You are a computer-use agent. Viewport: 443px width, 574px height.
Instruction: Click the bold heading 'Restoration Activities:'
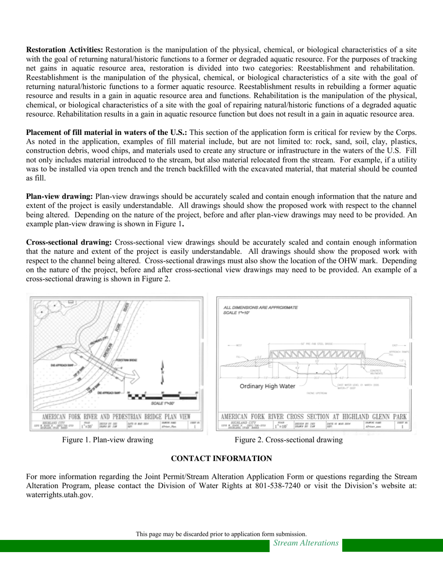[x=65, y=49]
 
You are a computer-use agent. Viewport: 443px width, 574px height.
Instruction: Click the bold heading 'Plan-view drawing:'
[x=60, y=196]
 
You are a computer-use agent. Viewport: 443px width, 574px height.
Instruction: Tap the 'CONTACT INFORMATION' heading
[x=221, y=459]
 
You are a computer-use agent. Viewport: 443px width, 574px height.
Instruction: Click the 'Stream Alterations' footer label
[x=306, y=543]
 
